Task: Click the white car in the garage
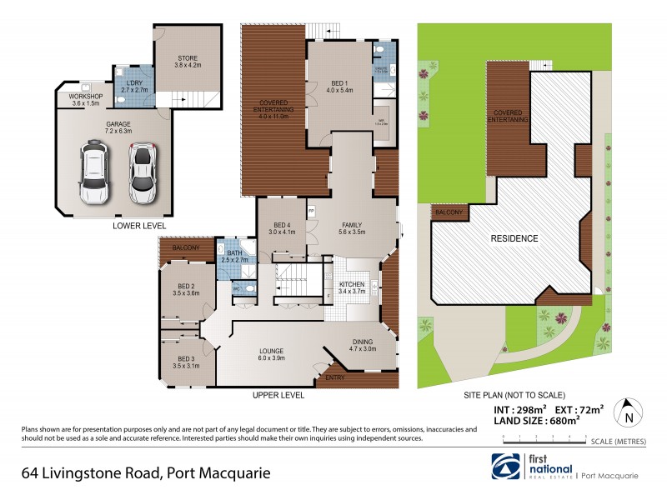click(x=93, y=173)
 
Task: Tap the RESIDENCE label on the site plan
click(x=514, y=238)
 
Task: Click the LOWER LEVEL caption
click(x=139, y=226)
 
